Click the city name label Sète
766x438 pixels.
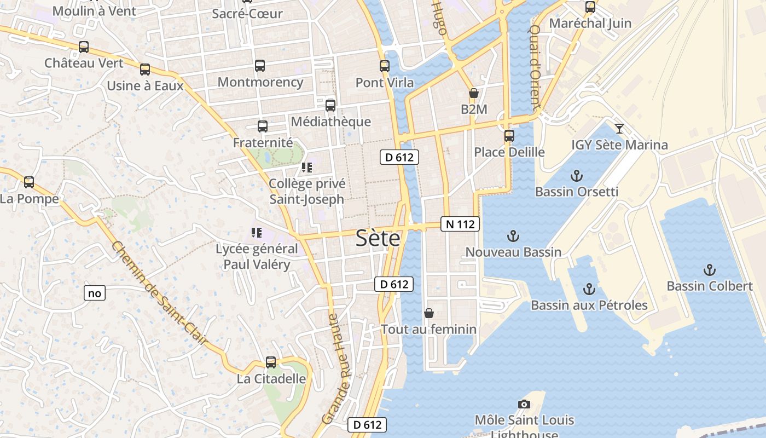pyautogui.click(x=378, y=238)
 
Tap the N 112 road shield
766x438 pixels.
pyautogui.click(x=460, y=223)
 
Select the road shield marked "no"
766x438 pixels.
pyautogui.click(x=95, y=293)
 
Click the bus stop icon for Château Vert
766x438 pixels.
pyautogui.click(x=84, y=47)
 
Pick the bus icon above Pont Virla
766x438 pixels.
pyautogui.click(x=385, y=66)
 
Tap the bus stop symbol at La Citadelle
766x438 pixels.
pyautogui.click(x=271, y=362)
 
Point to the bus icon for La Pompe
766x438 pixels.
pyautogui.click(x=29, y=182)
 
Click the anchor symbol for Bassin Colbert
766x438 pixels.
pyautogui.click(x=709, y=270)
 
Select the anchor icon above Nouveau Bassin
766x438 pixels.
pyautogui.click(x=513, y=236)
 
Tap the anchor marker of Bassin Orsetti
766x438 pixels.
pyautogui.click(x=576, y=176)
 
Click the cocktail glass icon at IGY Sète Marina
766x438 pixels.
pyautogui.click(x=619, y=129)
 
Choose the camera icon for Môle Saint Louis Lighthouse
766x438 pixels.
pyautogui.click(x=524, y=404)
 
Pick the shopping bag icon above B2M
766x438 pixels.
pyautogui.click(x=474, y=94)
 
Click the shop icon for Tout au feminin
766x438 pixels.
pyautogui.click(x=429, y=313)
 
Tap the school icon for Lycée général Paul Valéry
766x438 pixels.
pyautogui.click(x=257, y=233)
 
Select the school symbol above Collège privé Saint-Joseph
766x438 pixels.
pyautogui.click(x=307, y=168)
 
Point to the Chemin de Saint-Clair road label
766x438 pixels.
pyautogui.click(x=160, y=293)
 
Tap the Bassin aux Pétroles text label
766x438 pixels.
pyautogui.click(x=589, y=305)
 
